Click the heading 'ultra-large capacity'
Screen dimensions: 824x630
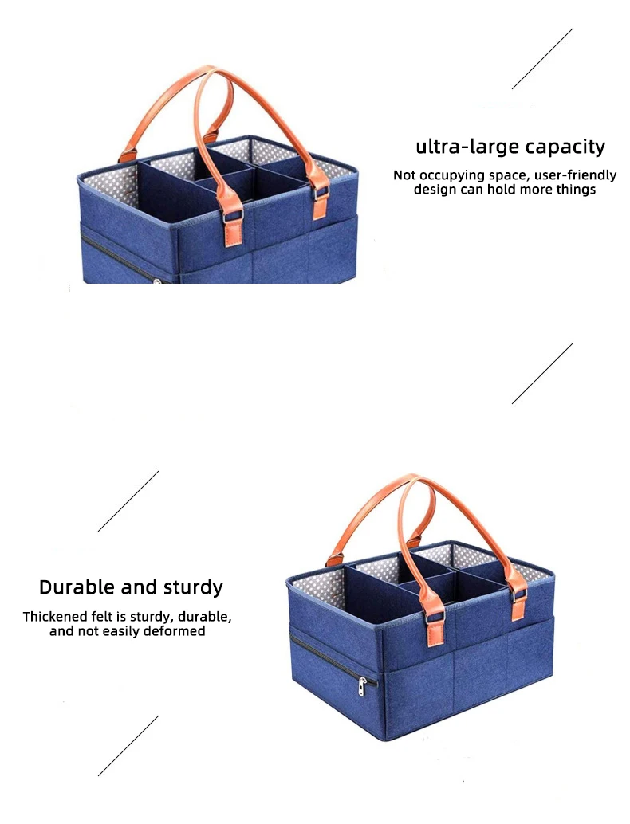point(510,147)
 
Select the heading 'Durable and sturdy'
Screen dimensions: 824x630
point(131,588)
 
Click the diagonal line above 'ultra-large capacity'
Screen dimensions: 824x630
point(542,59)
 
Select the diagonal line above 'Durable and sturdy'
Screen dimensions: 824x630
point(128,500)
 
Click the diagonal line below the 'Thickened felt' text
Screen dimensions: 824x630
point(128,745)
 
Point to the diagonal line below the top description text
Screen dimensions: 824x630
point(542,373)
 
